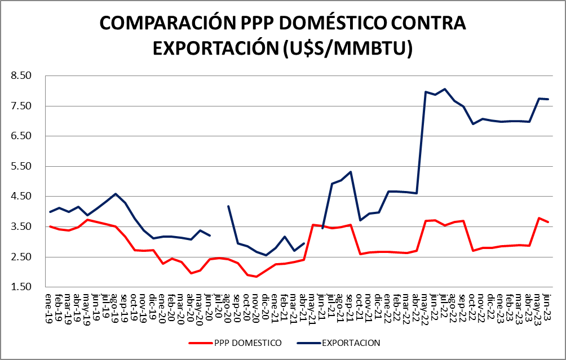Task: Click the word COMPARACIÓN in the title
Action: tap(164, 24)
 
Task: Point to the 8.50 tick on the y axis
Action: tap(21, 75)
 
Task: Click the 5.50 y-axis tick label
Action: tap(21, 166)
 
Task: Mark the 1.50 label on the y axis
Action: tap(21, 287)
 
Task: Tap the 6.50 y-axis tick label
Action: tap(21, 136)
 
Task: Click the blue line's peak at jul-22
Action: tap(445, 89)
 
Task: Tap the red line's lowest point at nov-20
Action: tap(257, 277)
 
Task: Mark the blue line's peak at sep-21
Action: tap(351, 172)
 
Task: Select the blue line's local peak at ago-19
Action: tap(116, 194)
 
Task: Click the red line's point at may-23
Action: tap(539, 218)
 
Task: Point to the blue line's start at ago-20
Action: tap(228, 206)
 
